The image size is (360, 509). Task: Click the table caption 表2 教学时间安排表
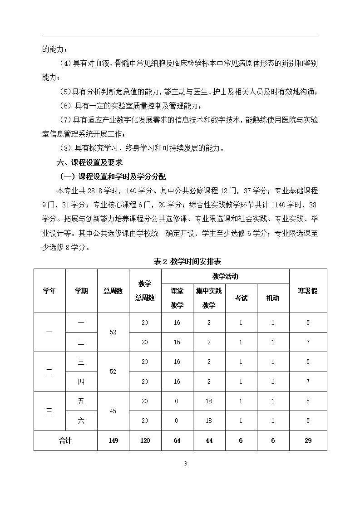187,261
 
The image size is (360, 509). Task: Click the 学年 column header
49,291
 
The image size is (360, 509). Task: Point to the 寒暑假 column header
308,291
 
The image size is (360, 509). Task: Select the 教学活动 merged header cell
225,276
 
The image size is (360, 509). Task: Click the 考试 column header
241,298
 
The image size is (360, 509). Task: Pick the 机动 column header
273,298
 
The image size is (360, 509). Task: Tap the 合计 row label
65,440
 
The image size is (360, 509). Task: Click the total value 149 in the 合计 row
113,440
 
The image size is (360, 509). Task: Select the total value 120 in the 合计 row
145,440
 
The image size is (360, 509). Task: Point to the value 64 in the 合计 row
177,440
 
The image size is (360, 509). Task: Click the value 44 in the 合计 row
209,440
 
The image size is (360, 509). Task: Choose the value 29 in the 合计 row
308,440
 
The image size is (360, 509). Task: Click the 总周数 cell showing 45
113,411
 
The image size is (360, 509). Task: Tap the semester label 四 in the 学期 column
81,382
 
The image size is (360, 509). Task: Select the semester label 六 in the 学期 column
81,421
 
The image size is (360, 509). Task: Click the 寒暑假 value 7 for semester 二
308,342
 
